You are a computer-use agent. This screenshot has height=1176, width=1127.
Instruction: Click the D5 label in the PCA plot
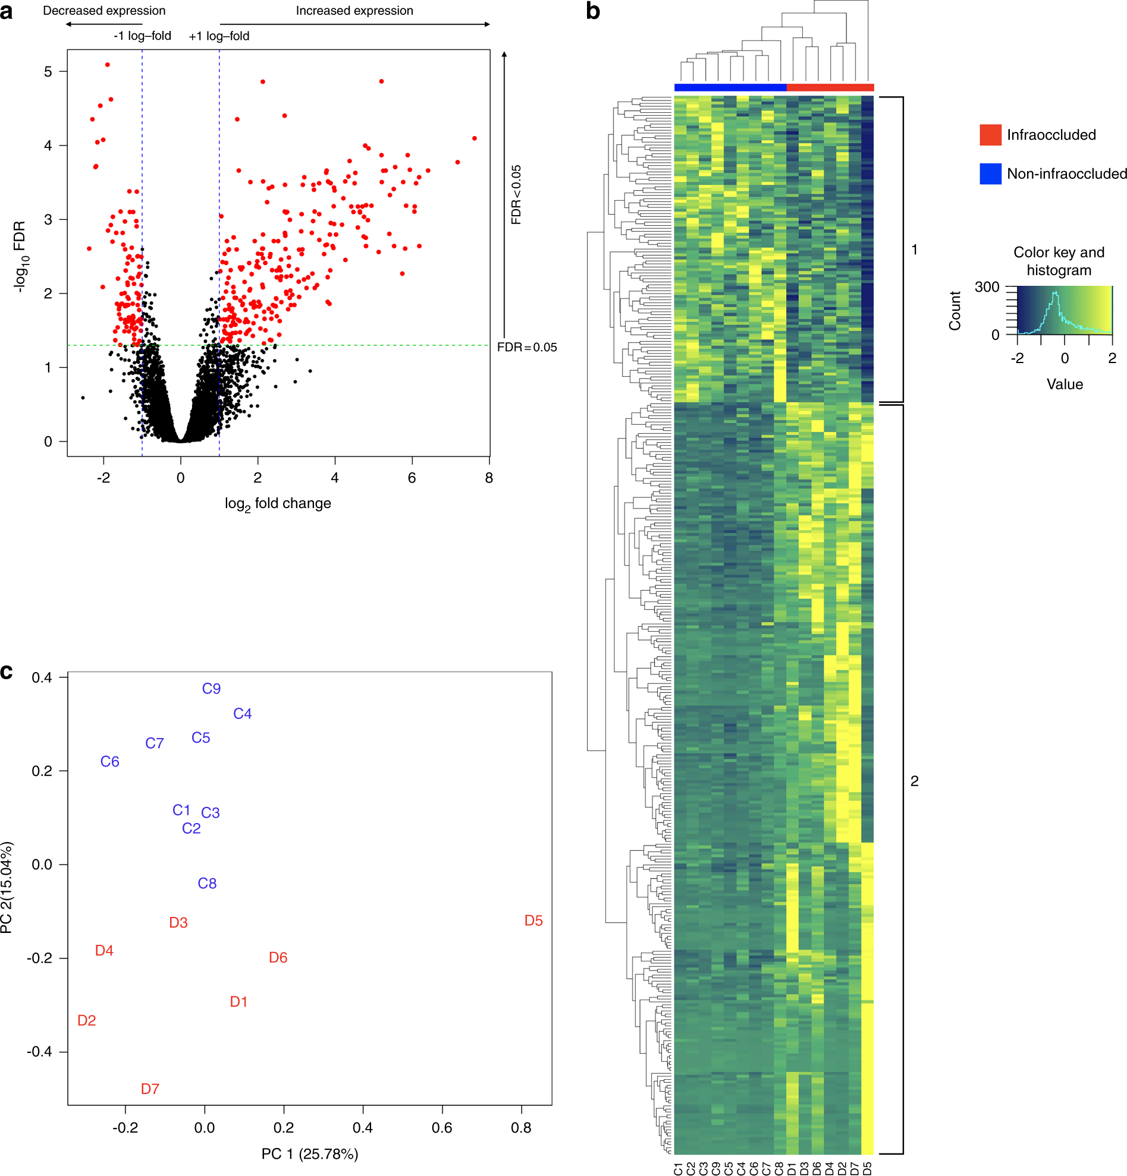pyautogui.click(x=533, y=920)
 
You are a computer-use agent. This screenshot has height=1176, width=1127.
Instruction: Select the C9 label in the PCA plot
pyautogui.click(x=211, y=689)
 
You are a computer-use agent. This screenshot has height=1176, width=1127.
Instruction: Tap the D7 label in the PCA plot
pyautogui.click(x=150, y=1089)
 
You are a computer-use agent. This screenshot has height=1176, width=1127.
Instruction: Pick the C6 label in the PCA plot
pyautogui.click(x=110, y=762)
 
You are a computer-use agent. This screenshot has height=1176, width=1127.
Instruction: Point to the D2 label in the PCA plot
pyautogui.click(x=87, y=1020)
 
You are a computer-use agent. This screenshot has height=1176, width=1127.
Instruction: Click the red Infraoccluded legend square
pyautogui.click(x=990, y=135)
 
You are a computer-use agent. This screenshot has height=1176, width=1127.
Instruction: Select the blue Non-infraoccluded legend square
pyautogui.click(x=990, y=174)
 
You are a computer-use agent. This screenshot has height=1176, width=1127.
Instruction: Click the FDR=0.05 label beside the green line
pyautogui.click(x=526, y=348)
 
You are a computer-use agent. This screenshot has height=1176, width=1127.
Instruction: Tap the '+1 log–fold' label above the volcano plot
pyautogui.click(x=219, y=37)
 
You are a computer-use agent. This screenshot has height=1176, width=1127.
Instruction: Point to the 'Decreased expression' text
pyautogui.click(x=105, y=11)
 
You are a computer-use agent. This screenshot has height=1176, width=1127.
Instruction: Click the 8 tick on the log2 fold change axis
pyautogui.click(x=489, y=478)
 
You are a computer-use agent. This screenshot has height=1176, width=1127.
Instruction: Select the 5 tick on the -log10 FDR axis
pyautogui.click(x=48, y=72)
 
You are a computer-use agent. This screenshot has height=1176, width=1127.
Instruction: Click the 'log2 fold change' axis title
pyautogui.click(x=278, y=504)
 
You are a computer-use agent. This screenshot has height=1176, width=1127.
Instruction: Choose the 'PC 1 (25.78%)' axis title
pyautogui.click(x=310, y=1154)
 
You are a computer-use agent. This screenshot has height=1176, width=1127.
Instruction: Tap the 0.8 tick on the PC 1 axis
pyautogui.click(x=520, y=1128)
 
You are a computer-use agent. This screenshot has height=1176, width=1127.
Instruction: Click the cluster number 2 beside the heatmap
pyautogui.click(x=914, y=781)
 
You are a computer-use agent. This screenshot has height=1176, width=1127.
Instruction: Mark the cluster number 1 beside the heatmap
pyautogui.click(x=914, y=250)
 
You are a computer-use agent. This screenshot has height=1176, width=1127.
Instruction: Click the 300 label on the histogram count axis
pyautogui.click(x=987, y=288)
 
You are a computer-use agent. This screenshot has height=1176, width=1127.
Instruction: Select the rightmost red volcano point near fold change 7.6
pyautogui.click(x=475, y=138)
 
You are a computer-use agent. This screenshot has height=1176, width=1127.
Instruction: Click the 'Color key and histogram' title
pyautogui.click(x=1059, y=261)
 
